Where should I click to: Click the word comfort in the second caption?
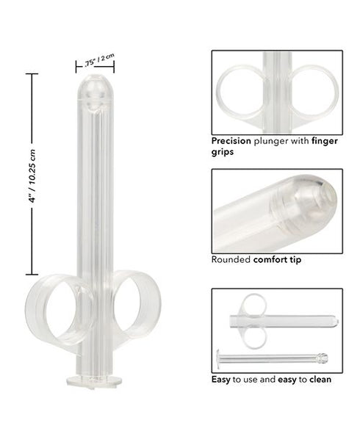(271, 259)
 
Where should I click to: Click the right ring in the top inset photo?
(314, 90)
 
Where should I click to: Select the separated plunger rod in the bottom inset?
(272, 359)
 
